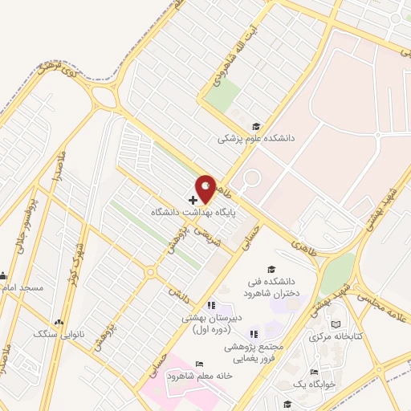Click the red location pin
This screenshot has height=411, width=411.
pos(206,189)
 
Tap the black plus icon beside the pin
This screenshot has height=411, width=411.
pos(193,199)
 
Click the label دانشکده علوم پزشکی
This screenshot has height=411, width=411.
pos(256,138)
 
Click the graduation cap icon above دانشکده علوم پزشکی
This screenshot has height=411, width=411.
pos(256,126)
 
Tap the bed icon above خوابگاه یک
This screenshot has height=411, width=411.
pos(314,371)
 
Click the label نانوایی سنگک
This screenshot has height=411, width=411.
pos(55,332)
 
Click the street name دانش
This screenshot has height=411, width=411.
pos(174,292)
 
